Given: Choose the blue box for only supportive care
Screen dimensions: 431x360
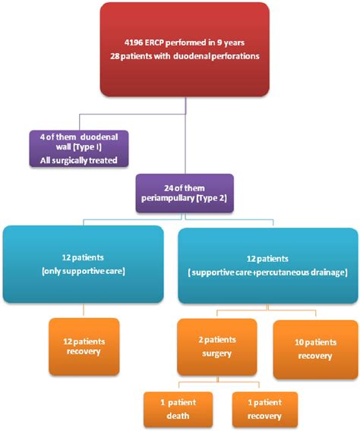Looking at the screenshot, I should point(83,264).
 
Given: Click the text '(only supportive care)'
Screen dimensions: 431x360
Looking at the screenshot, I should point(83,271).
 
